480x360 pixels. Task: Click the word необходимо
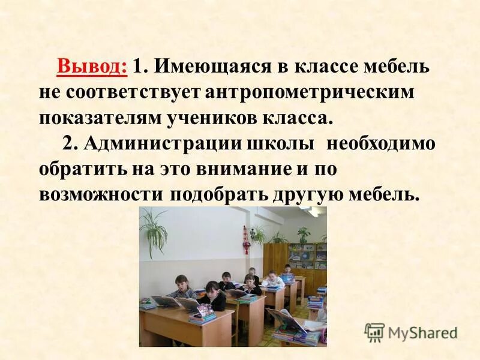coord(380,144)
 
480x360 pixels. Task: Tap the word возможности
coord(102,195)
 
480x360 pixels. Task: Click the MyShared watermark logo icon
coord(374,332)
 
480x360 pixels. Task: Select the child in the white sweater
coord(273,279)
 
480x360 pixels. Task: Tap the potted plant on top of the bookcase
coord(303,233)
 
